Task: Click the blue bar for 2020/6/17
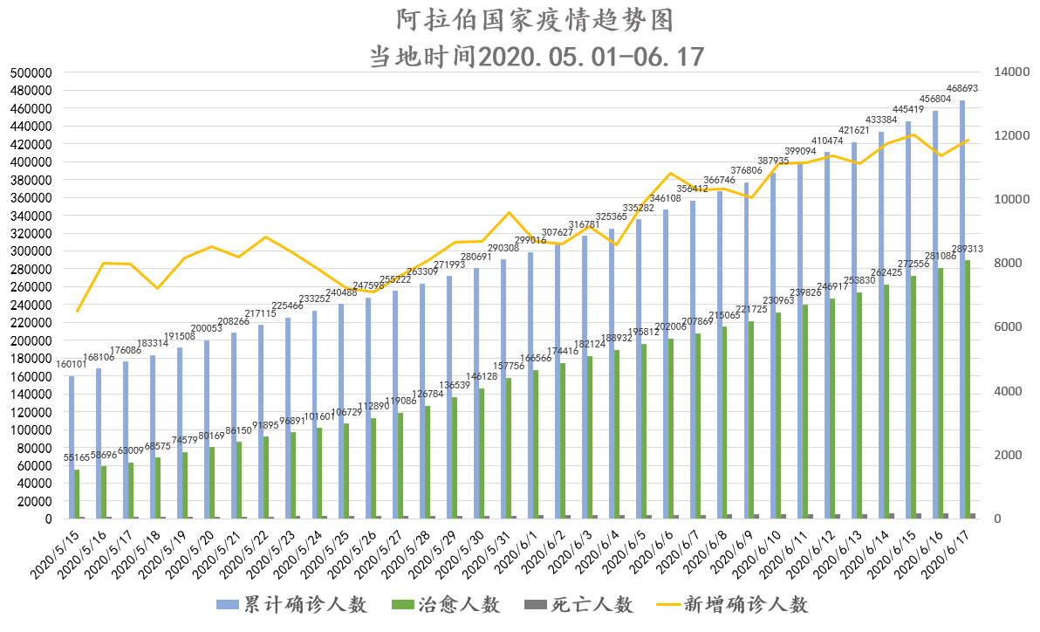point(962,306)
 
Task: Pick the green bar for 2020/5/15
point(77,494)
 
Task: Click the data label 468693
point(964,89)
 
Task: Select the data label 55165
point(75,458)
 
